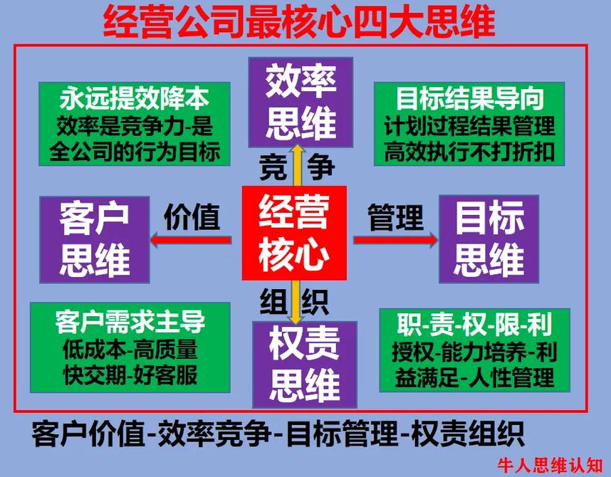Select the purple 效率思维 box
(301, 100)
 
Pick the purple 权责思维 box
(305, 364)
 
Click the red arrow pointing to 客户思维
(190, 240)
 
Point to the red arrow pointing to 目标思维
(395, 240)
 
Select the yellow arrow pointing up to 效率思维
(300, 164)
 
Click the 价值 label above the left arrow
(192, 215)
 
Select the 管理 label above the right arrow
(395, 215)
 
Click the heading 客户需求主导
(130, 322)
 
